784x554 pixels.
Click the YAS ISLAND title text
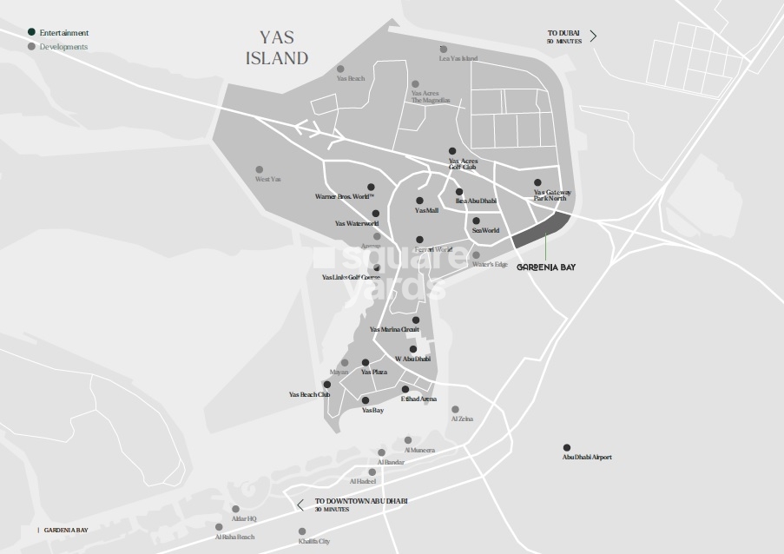tap(284, 48)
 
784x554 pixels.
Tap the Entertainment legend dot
tap(31, 33)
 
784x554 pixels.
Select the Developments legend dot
tap(31, 46)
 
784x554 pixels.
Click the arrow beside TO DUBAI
tap(593, 36)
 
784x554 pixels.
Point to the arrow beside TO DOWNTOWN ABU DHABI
tap(300, 505)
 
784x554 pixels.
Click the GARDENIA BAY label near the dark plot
tap(546, 267)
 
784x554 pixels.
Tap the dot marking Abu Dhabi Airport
tap(567, 447)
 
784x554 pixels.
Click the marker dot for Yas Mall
tap(419, 201)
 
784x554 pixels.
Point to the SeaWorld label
tap(485, 230)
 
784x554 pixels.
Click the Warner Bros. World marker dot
tap(371, 187)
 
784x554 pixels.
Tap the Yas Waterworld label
tap(357, 223)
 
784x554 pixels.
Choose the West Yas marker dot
tap(259, 169)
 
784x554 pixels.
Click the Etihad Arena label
tap(418, 399)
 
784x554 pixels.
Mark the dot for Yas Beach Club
tap(326, 384)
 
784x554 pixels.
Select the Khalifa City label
tap(313, 541)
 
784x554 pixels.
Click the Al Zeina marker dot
tap(454, 409)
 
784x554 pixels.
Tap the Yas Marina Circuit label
tap(394, 330)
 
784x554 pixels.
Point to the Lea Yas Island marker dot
tap(443, 49)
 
